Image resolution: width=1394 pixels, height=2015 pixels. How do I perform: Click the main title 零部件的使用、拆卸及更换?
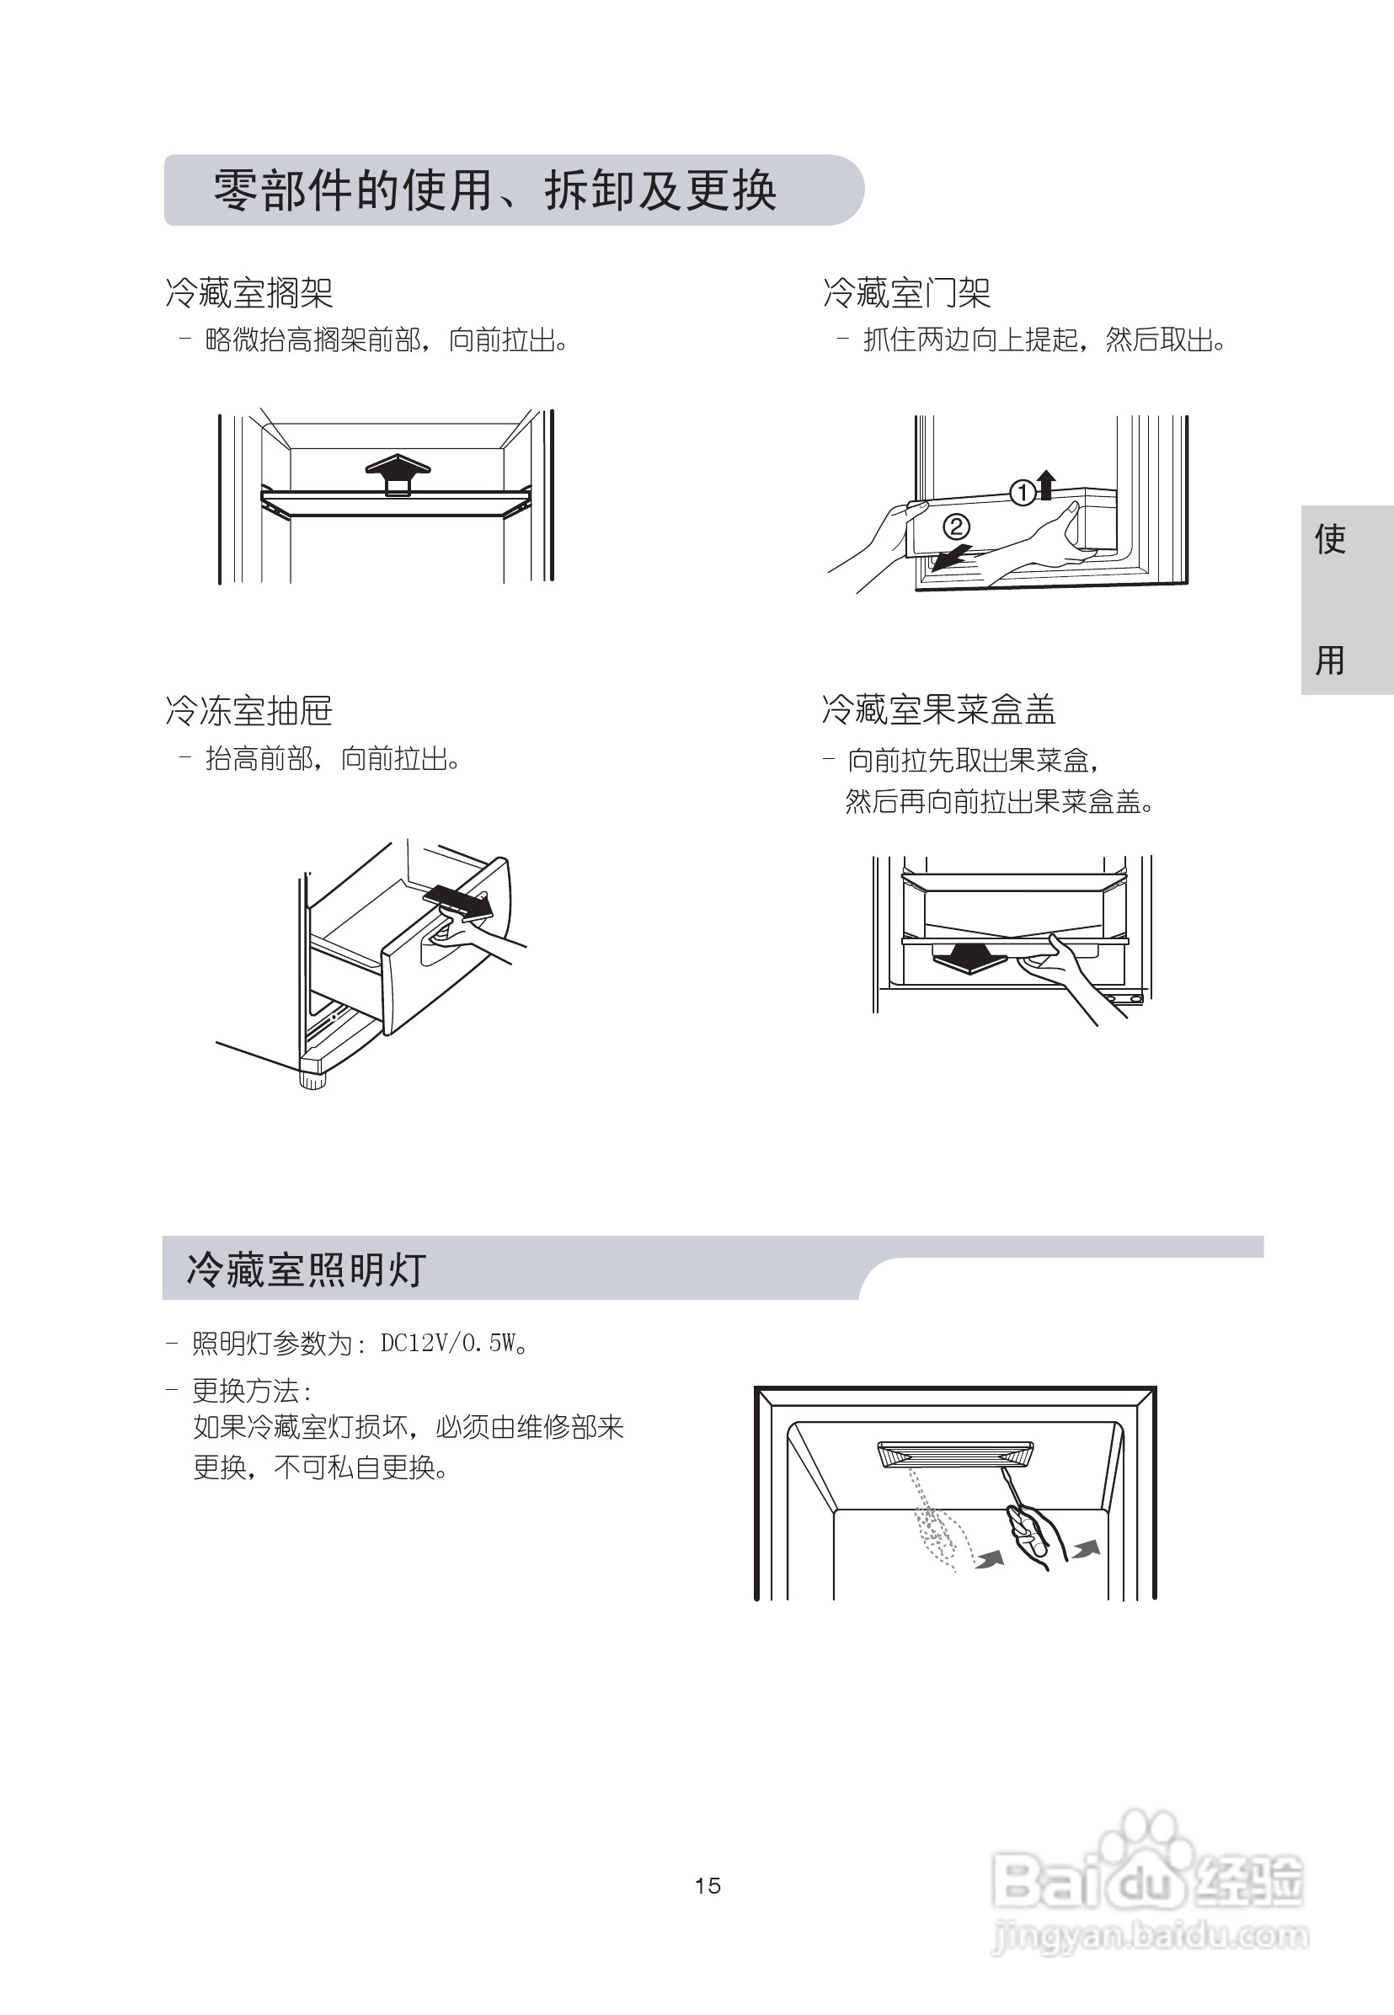pyautogui.click(x=494, y=190)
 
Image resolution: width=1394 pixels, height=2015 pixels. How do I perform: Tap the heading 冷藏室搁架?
pyautogui.click(x=249, y=292)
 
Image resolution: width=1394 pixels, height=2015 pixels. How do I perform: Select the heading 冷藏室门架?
pyautogui.click(x=906, y=292)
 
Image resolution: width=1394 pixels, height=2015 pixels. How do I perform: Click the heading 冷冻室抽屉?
pyautogui.click(x=249, y=711)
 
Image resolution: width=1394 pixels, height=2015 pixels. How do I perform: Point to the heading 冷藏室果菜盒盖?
pyautogui.click(x=938, y=709)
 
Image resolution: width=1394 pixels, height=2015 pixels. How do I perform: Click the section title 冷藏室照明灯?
pyautogui.click(x=306, y=1269)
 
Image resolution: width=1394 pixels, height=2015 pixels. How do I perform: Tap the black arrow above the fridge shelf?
pyautogui.click(x=398, y=473)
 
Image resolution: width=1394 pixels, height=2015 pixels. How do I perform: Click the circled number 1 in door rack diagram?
pyautogui.click(x=1021, y=493)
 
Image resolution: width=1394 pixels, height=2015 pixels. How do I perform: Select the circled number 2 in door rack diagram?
pyautogui.click(x=956, y=526)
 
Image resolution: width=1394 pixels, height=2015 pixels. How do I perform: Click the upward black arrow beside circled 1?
pyautogui.click(x=1045, y=484)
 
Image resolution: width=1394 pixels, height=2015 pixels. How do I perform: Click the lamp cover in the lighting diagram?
pyautogui.click(x=954, y=1454)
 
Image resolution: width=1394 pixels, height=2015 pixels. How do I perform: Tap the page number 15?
pyautogui.click(x=708, y=1886)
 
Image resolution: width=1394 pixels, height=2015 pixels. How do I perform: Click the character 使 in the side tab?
pyautogui.click(x=1329, y=539)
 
